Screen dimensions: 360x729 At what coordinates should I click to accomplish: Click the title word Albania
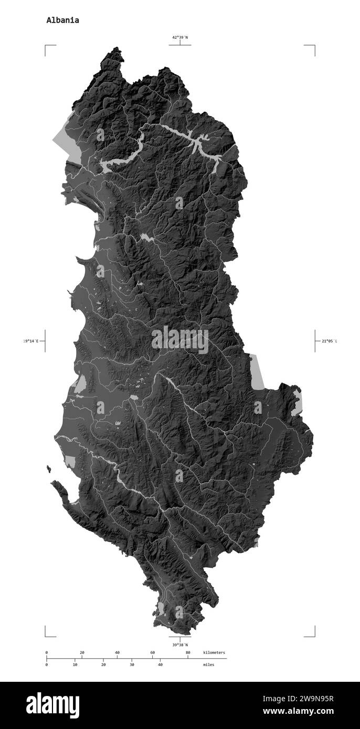pos(63,20)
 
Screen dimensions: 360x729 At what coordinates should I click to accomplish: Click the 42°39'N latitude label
pos(180,37)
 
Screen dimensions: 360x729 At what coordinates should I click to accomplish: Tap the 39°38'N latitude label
pos(180,645)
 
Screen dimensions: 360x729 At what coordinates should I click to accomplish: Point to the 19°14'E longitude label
pos(31,341)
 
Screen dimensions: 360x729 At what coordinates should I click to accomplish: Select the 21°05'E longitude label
pos(329,341)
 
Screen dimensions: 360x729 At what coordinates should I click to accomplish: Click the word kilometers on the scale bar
pos(214,652)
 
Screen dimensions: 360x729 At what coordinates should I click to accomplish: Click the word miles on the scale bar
pos(209,664)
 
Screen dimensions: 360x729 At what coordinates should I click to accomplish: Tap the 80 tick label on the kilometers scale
pos(188,652)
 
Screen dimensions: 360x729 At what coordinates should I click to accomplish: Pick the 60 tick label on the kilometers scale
pos(153,652)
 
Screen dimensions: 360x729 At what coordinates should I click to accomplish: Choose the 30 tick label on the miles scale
pos(132,664)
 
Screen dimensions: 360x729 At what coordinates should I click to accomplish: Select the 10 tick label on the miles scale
pos(75,664)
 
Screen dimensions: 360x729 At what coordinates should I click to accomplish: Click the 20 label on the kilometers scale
pos(82,652)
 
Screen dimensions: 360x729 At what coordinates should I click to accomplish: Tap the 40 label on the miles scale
pos(160,664)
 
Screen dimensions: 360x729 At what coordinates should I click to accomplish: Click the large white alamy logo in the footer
pos(52,705)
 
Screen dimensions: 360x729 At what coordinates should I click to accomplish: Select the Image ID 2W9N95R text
pos(300,699)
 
